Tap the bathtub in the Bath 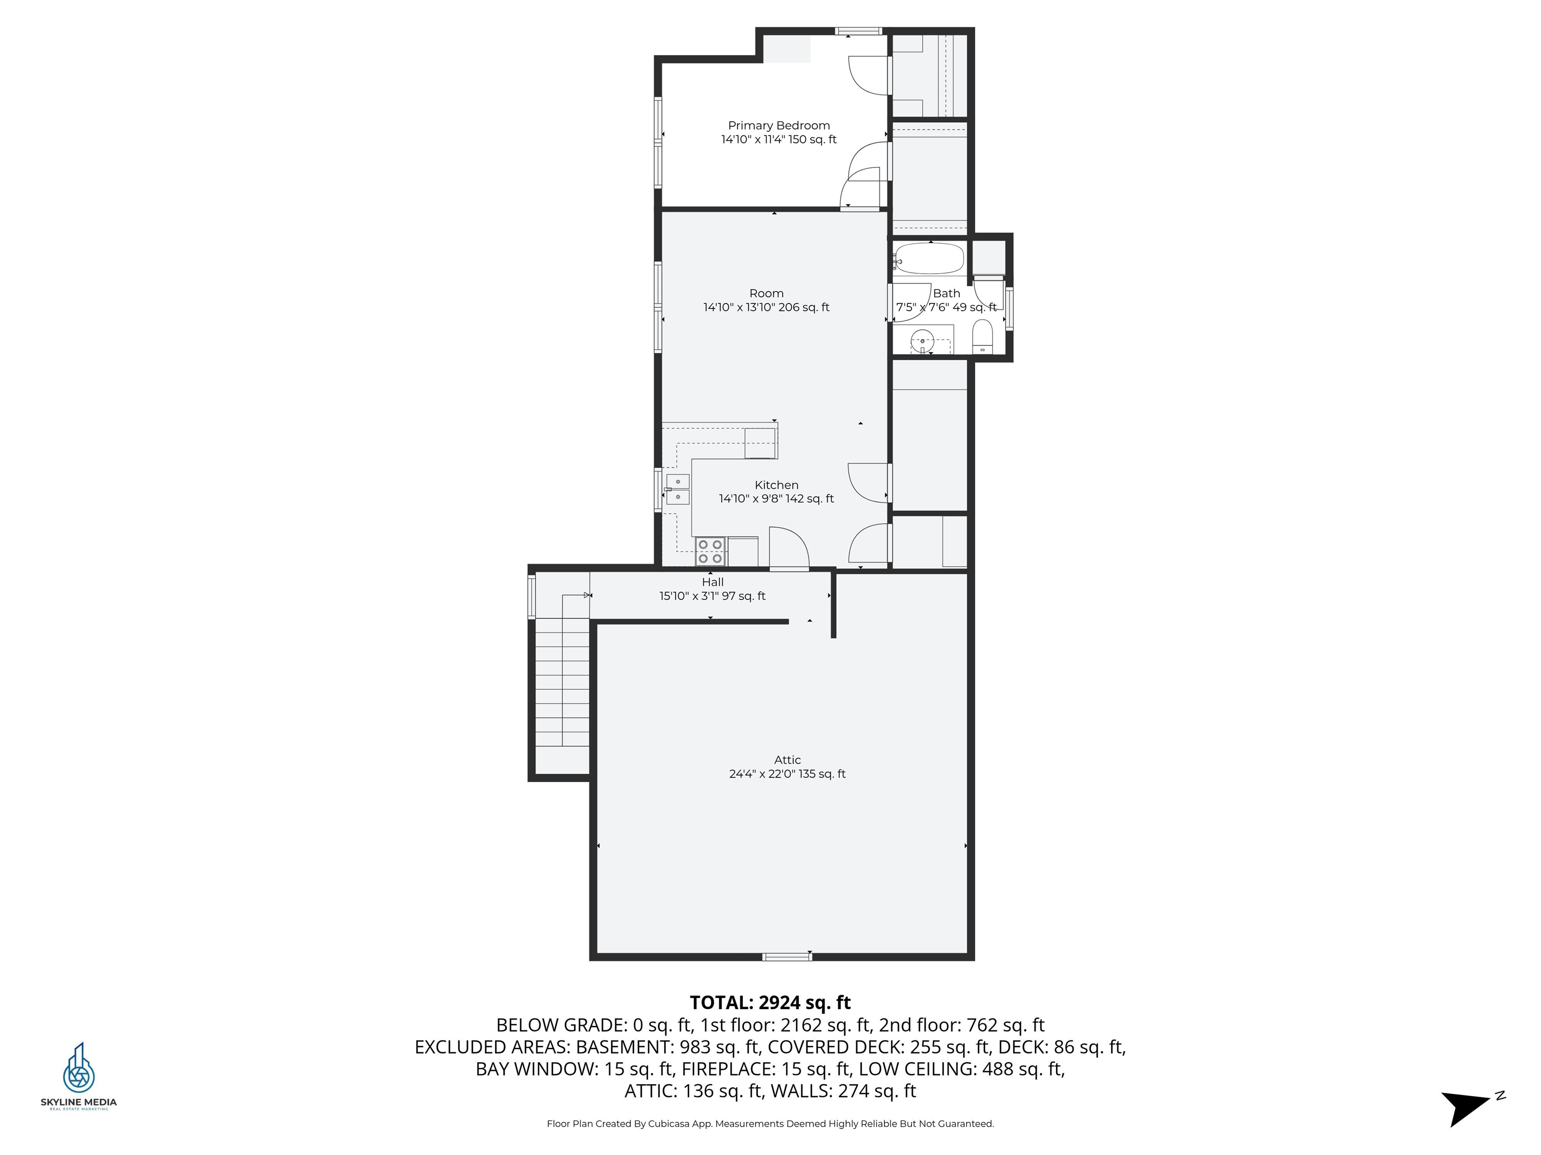930,259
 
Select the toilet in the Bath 982,337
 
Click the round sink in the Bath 922,341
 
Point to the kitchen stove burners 710,551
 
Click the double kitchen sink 677,489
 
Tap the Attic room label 787,759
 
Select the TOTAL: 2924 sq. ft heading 770,1003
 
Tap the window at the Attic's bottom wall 787,956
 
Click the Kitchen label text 776,485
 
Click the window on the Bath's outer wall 1009,307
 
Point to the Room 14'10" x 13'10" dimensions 766,307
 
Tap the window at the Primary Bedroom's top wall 858,31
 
